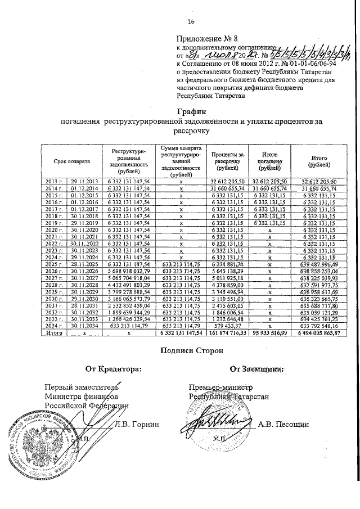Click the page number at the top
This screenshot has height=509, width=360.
pyautogui.click(x=191, y=21)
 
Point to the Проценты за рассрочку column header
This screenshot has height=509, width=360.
pyautogui.click(x=227, y=161)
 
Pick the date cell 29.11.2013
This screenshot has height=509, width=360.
pyautogui.click(x=84, y=181)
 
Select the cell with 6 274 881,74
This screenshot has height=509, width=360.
pyautogui.click(x=227, y=264)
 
